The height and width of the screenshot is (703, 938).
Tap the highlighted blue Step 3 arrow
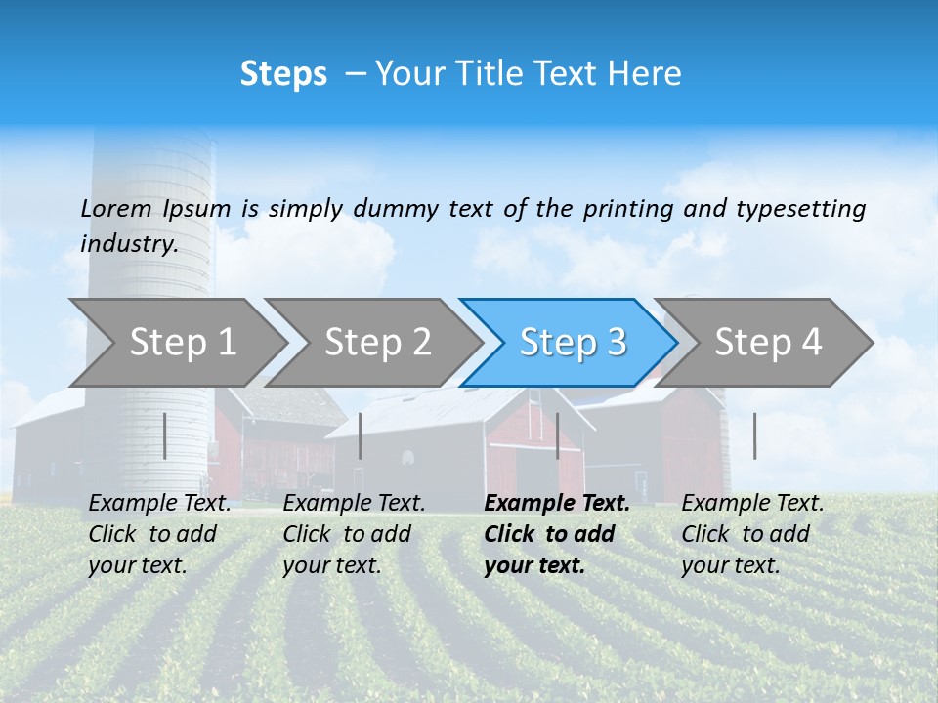pos(573,342)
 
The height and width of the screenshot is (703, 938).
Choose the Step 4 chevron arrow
pos(768,342)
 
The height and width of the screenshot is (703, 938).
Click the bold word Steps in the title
pos(283,73)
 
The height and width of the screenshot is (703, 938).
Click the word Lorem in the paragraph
pos(115,208)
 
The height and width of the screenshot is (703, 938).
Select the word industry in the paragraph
pos(129,243)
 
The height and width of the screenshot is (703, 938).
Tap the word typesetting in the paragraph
pos(800,208)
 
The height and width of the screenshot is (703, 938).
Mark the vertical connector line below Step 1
pos(165,435)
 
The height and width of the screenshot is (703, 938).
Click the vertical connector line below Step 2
pos(361,435)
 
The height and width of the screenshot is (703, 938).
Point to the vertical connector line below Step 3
pos(557,435)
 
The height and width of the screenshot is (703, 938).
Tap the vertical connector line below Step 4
pos(754,435)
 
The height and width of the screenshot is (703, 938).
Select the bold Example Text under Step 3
pos(557,504)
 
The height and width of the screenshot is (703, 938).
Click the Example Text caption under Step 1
pos(159,504)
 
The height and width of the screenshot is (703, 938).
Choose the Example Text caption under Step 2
pos(354,504)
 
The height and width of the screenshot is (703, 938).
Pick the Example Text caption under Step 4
pos(752,504)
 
